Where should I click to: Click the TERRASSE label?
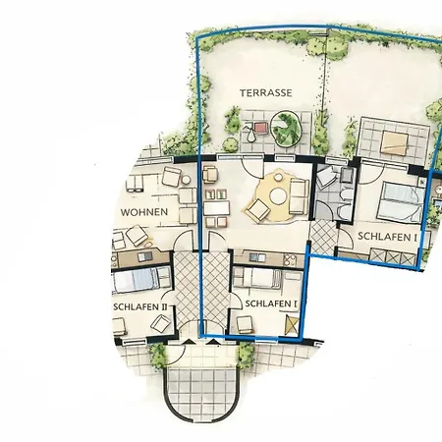point(266,93)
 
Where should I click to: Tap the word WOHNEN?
point(144,212)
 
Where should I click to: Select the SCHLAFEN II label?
point(140,307)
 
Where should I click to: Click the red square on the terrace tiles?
point(260,128)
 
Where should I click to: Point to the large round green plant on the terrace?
point(286,129)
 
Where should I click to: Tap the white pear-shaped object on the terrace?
point(250,136)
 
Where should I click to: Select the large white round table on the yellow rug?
point(278,196)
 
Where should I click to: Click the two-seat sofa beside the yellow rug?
point(299,196)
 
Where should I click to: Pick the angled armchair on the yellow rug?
point(257,209)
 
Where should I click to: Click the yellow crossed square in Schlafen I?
point(292,325)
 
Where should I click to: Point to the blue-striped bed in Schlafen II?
point(138,280)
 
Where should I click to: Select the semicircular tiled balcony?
point(201,394)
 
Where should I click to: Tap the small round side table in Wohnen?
point(186,180)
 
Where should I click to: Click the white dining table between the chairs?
point(216,208)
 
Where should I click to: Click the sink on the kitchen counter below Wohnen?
point(144,257)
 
